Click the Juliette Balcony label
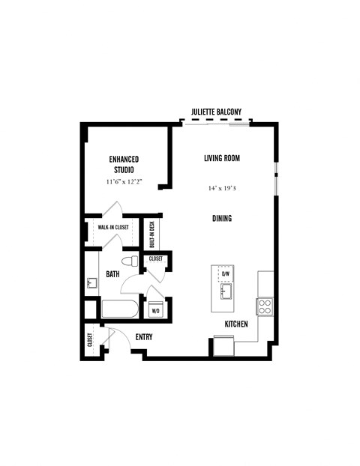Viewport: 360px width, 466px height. point(216,112)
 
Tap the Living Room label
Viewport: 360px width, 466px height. point(221,158)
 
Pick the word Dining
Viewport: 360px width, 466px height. point(221,219)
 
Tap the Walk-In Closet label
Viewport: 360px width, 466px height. point(112,227)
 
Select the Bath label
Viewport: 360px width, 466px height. point(112,274)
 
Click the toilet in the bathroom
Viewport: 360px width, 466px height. point(131,262)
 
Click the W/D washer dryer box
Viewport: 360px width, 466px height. point(156,309)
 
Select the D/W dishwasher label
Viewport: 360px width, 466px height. point(225,273)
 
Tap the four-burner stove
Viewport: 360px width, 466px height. point(265,306)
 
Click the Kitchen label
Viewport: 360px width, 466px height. point(237,324)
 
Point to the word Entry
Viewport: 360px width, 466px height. point(143,337)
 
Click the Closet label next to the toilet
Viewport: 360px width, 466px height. point(156,258)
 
